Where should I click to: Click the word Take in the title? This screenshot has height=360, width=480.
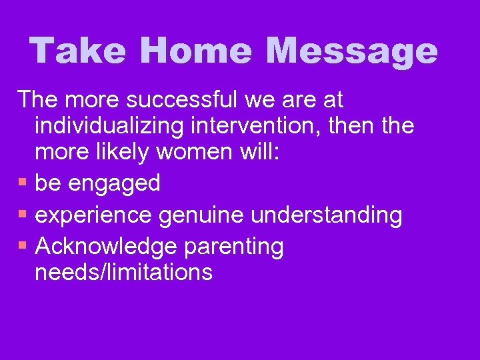click(x=77, y=51)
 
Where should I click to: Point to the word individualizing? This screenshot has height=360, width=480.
click(x=111, y=126)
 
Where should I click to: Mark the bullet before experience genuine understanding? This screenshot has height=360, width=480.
click(x=23, y=215)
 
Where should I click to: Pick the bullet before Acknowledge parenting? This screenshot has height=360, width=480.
click(x=23, y=247)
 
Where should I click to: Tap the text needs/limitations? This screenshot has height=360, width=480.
click(x=124, y=272)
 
